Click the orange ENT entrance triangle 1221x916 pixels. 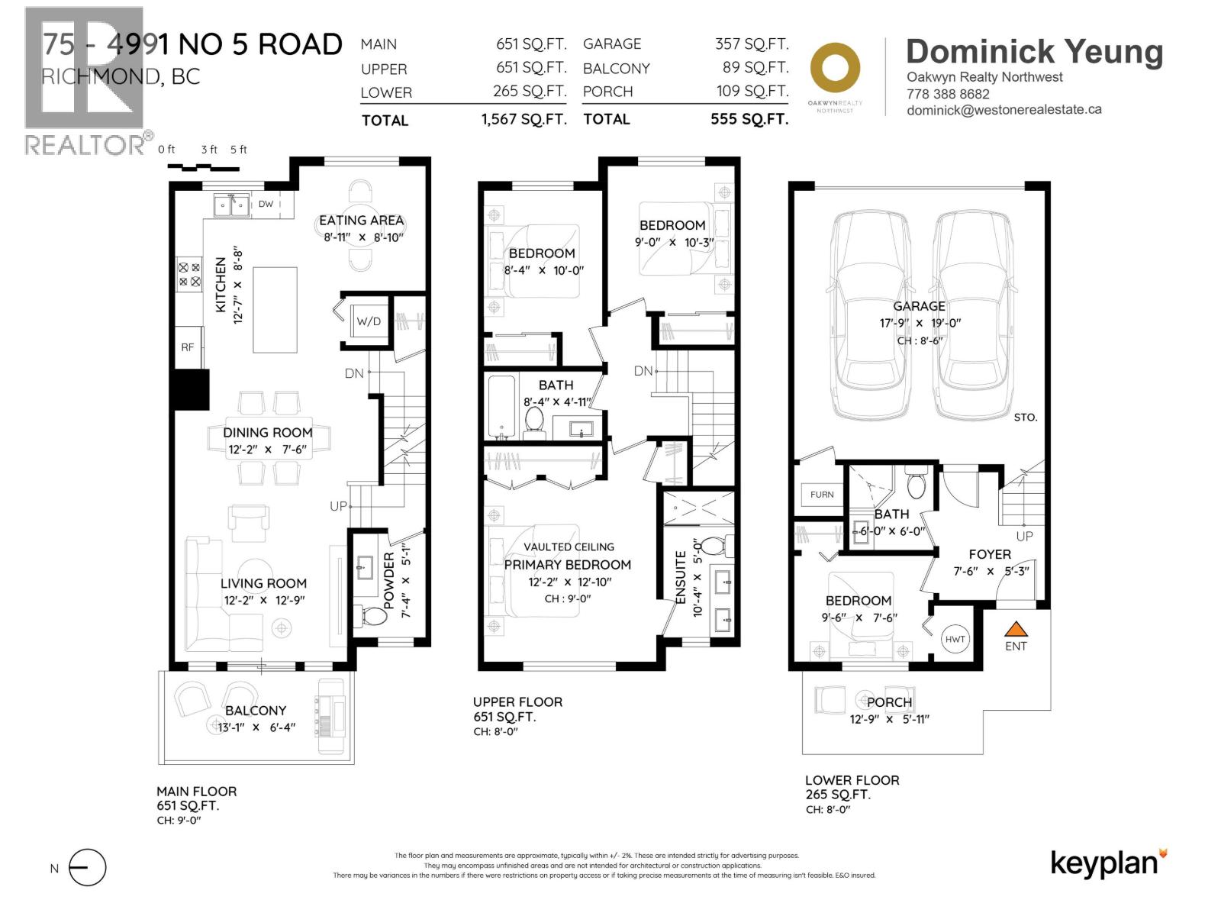pyautogui.click(x=1016, y=629)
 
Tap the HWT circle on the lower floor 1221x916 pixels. pyautogui.click(x=955, y=639)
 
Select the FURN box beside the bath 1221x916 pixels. pyautogui.click(x=821, y=495)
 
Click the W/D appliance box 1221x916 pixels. pyautogui.click(x=369, y=321)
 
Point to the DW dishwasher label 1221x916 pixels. pyautogui.click(x=266, y=204)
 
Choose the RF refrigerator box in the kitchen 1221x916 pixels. pyautogui.click(x=188, y=347)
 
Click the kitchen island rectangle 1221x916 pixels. pyautogui.click(x=275, y=309)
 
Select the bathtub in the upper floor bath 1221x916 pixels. pyautogui.click(x=502, y=408)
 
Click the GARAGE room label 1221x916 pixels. pyautogui.click(x=919, y=306)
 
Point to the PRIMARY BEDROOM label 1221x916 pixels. pyautogui.click(x=567, y=565)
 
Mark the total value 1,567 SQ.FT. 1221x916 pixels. pyautogui.click(x=524, y=120)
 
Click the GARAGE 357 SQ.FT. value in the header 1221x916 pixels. pyautogui.click(x=751, y=44)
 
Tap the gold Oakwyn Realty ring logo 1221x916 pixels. pyautogui.click(x=835, y=69)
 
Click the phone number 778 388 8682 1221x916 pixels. pyautogui.click(x=948, y=94)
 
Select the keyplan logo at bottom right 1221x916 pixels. pyautogui.click(x=1108, y=863)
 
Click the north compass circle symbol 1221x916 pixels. pyautogui.click(x=87, y=868)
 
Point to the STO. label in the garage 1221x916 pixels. pyautogui.click(x=1025, y=418)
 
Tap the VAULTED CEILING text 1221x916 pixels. pyautogui.click(x=569, y=547)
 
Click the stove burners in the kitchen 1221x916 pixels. pyautogui.click(x=189, y=275)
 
